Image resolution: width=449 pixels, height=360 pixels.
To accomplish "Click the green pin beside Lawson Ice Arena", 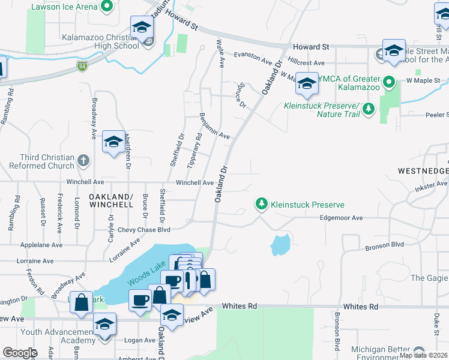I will point(107,7).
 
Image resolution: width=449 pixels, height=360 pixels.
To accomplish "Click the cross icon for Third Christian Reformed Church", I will point(83,161).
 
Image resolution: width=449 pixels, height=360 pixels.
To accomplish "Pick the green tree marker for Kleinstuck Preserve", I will point(261,205).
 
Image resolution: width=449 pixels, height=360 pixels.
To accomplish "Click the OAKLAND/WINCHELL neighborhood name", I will point(111,200).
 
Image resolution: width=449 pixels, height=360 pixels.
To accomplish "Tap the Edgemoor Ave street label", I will point(342,218).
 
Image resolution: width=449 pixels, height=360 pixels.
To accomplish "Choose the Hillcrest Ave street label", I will point(306,62).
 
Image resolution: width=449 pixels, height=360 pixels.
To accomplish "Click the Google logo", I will point(20,353).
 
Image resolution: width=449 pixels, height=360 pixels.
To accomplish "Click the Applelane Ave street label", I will point(41,245).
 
